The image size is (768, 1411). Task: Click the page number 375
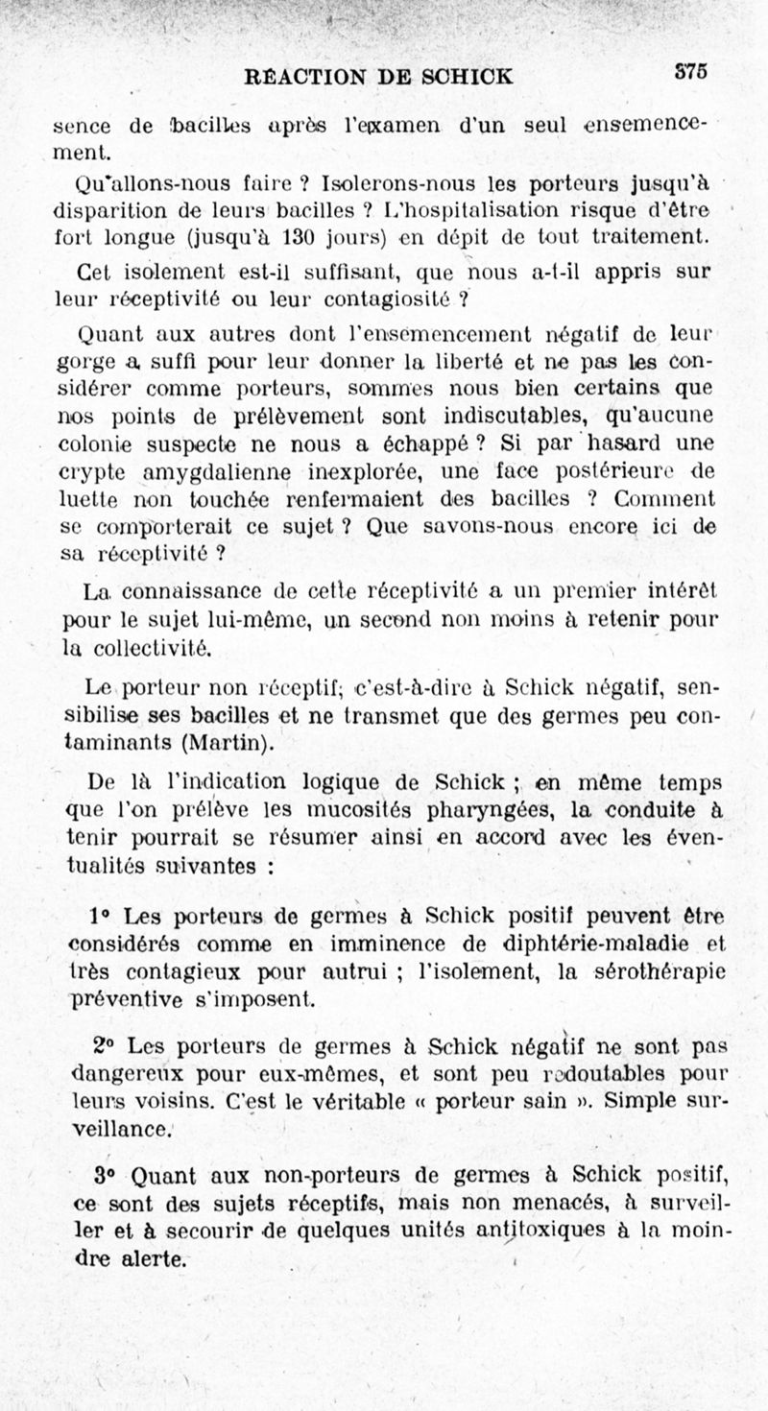[690, 70]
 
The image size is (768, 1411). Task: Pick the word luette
[86, 500]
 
